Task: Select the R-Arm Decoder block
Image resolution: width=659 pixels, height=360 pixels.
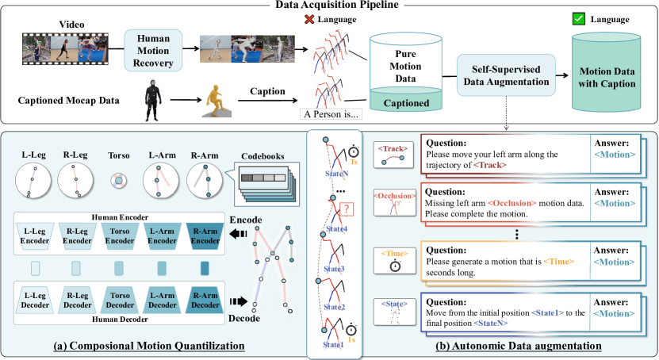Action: coord(204,300)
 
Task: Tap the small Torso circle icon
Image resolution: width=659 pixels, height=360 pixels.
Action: coord(117,181)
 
